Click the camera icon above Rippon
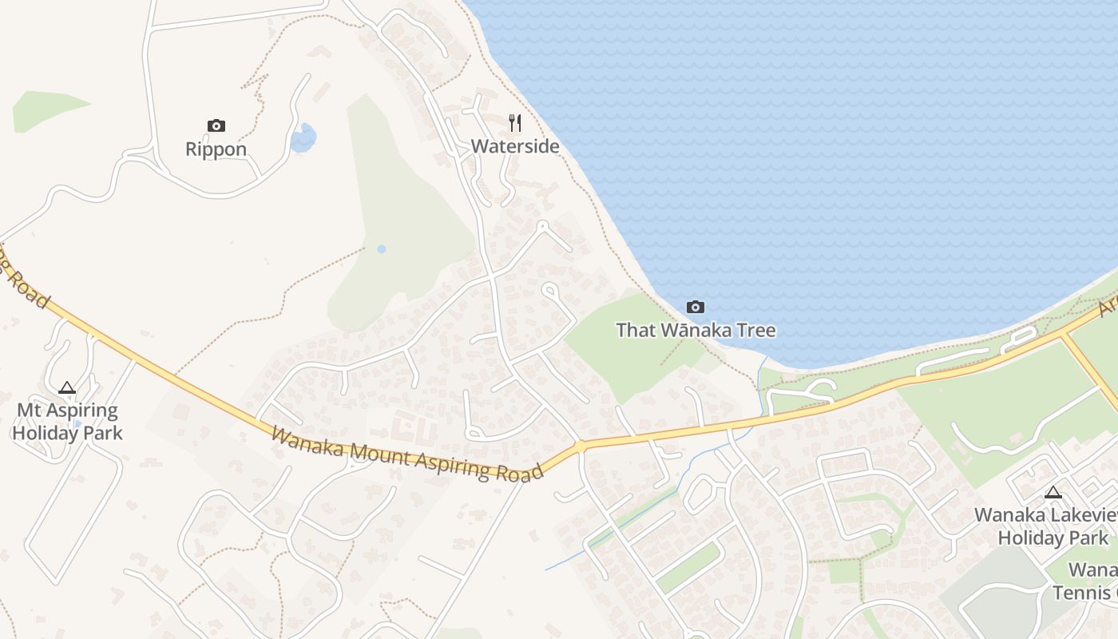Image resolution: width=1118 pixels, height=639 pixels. tap(216, 125)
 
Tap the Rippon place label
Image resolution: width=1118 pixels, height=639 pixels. tap(216, 149)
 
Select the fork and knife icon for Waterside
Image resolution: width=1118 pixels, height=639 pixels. tap(515, 123)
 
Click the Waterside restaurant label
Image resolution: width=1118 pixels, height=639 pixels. tap(514, 147)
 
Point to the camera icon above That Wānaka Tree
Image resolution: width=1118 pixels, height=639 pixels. tap(696, 307)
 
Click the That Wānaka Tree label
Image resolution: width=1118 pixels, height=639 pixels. tap(696, 330)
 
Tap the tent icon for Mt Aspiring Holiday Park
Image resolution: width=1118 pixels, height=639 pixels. tap(67, 388)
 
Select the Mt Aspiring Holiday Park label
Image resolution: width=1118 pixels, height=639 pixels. tap(67, 423)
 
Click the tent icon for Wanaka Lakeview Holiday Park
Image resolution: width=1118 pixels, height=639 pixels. tap(1053, 493)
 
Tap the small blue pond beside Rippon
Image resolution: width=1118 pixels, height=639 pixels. tap(303, 138)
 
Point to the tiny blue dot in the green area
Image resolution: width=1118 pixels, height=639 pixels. tap(382, 249)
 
